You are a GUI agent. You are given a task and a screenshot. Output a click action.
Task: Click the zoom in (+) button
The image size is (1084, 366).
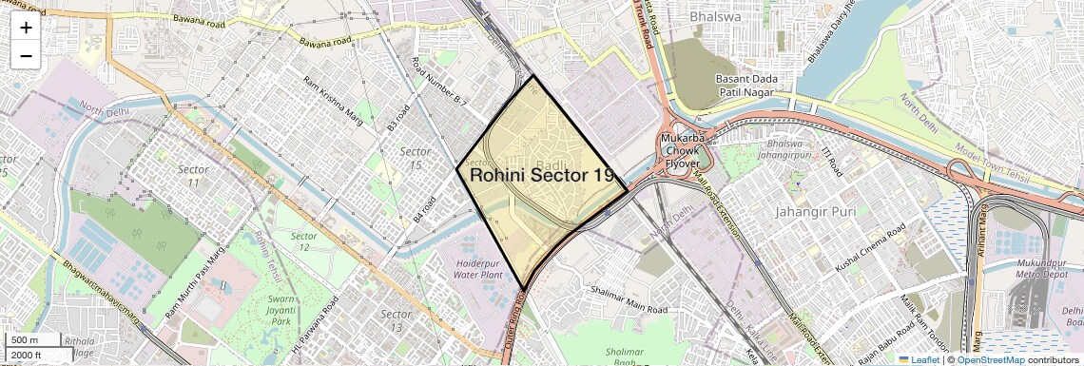coord(26,28)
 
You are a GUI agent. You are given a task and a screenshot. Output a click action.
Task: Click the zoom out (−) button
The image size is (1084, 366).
coord(26,56)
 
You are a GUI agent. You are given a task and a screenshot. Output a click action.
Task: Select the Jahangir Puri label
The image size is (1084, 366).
coord(816,211)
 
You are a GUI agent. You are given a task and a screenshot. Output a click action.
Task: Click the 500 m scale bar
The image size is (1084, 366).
coord(25,340)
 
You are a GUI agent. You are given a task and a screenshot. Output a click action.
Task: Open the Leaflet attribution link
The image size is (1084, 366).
coord(919,359)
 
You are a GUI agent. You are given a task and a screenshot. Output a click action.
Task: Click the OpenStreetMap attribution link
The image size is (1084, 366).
coord(990,359)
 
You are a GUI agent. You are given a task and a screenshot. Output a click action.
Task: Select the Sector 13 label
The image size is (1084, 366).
coord(396,320)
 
